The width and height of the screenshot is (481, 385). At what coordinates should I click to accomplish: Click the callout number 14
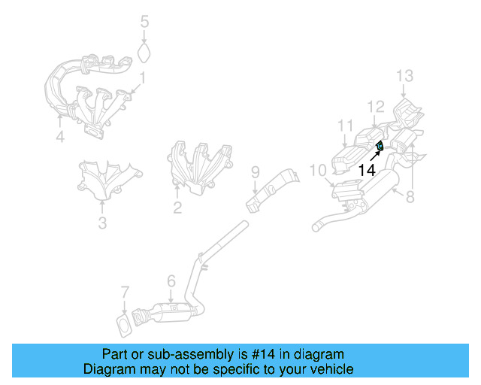(366, 171)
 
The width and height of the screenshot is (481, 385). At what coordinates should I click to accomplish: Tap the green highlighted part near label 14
(380, 146)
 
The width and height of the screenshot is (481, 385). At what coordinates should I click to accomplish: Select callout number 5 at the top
(145, 22)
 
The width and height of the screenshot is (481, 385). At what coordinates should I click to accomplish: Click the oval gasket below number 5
(145, 53)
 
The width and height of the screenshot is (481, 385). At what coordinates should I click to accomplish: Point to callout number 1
(141, 77)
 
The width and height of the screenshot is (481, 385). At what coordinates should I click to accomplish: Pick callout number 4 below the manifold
(60, 137)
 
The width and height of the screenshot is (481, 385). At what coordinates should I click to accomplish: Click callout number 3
(103, 223)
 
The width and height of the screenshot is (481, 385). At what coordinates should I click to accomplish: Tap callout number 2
(177, 208)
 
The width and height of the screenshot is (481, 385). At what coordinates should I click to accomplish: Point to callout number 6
(171, 281)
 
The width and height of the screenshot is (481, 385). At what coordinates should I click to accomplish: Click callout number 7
(126, 292)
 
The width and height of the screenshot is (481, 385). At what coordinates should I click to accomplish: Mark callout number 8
(410, 199)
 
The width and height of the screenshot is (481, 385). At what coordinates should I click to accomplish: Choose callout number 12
(376, 106)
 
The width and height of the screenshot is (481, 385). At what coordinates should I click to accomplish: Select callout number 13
(405, 75)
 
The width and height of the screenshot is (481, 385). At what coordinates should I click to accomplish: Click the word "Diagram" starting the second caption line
(107, 369)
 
